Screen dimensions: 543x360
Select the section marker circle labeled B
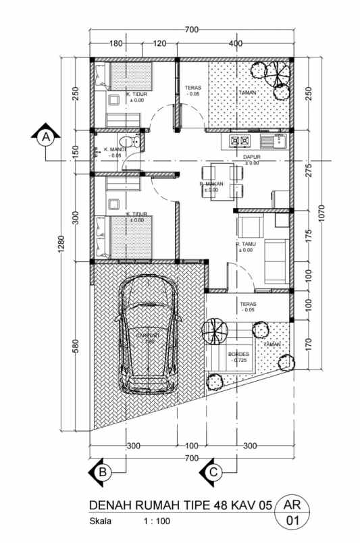(101, 472)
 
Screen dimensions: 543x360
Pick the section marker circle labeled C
(213, 472)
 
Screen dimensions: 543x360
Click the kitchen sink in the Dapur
(276, 141)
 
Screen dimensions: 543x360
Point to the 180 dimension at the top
(115, 44)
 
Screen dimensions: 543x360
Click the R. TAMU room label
(245, 244)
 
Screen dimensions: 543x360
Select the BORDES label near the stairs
(239, 354)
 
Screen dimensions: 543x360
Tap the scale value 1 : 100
(157, 521)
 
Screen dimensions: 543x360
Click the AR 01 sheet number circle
(292, 513)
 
